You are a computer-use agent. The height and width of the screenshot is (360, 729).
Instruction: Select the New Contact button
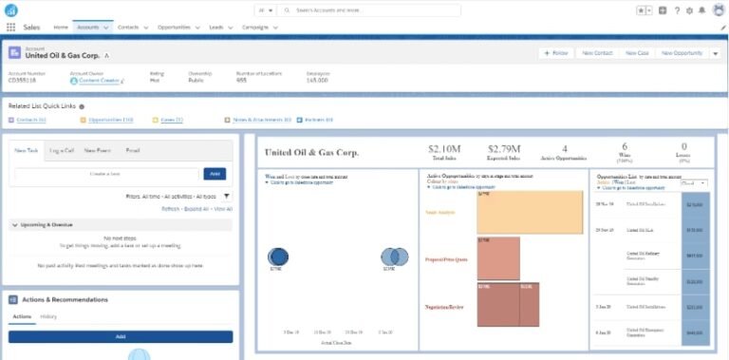point(597,53)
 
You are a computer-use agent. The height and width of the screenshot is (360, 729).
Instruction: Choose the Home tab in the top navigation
point(61,28)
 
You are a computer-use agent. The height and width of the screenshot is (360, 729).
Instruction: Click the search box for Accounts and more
point(370,9)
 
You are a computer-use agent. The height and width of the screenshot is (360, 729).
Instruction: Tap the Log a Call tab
point(62,150)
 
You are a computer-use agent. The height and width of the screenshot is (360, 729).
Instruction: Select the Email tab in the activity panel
point(133,150)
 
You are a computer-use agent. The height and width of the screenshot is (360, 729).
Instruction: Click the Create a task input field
point(106,174)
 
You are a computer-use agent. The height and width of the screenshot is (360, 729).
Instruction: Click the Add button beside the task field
point(215,174)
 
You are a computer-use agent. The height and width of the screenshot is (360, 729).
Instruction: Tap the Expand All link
point(197,208)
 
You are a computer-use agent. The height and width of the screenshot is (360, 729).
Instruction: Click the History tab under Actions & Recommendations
point(48,316)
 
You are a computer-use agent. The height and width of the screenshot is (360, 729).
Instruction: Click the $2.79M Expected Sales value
point(505,148)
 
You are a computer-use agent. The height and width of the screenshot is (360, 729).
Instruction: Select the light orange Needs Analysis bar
point(530,213)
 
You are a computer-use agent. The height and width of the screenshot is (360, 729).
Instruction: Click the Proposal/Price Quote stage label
point(447,259)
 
